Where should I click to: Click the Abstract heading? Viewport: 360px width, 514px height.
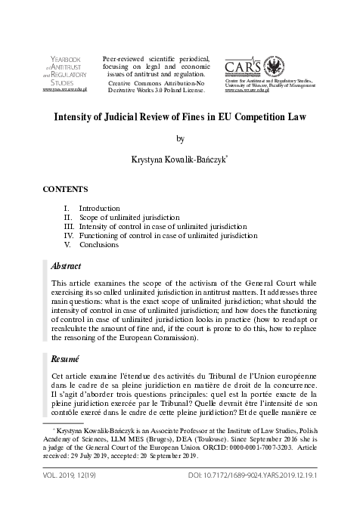66,267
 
